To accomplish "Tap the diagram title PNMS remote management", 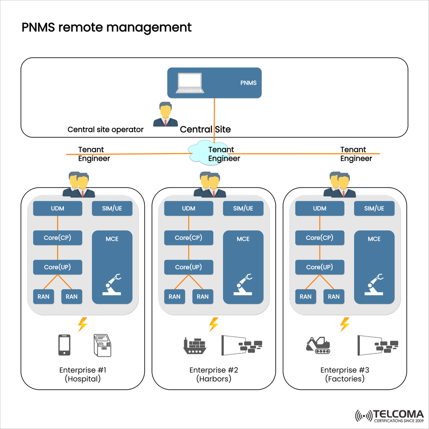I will click(x=106, y=28).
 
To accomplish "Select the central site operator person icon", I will click(x=165, y=114).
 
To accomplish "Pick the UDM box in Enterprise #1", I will click(x=58, y=208).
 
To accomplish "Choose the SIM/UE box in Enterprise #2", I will click(x=243, y=208).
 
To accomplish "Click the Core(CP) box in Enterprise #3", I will click(x=319, y=238).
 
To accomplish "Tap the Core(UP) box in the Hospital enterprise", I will click(x=58, y=267).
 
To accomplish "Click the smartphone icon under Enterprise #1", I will click(x=64, y=345).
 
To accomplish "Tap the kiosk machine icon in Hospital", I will click(x=102, y=345).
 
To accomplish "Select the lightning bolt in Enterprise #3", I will click(x=345, y=324).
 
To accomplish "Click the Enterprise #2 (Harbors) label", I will click(x=214, y=374).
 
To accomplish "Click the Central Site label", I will click(x=205, y=130).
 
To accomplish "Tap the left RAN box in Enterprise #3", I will click(x=306, y=296).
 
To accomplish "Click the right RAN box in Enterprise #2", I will click(x=202, y=296).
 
